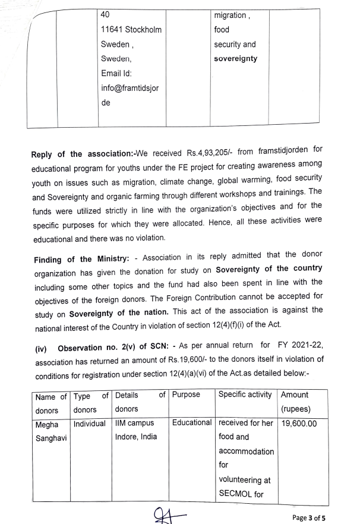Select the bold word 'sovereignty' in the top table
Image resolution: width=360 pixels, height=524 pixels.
235,59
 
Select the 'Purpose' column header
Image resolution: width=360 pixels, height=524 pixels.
185,394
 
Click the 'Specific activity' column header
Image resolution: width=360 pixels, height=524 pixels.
245,394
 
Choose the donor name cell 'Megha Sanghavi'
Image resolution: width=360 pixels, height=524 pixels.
51,430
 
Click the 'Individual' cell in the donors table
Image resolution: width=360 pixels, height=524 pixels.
89,423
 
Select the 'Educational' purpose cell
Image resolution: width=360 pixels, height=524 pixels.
192,423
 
